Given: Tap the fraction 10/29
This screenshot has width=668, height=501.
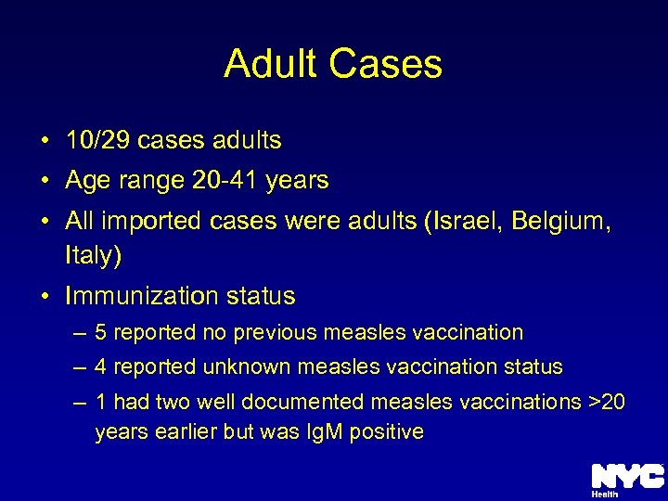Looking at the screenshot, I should click(x=98, y=141).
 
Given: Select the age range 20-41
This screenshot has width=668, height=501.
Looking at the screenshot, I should click(x=226, y=180).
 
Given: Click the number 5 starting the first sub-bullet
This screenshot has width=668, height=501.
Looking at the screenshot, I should click(x=101, y=332).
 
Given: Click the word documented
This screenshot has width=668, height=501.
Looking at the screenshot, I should click(x=308, y=402).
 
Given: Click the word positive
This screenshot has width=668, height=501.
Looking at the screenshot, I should click(x=387, y=432).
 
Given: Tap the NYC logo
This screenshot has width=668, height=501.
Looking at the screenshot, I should click(x=627, y=475).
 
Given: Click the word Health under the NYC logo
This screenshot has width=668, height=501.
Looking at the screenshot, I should click(x=605, y=495).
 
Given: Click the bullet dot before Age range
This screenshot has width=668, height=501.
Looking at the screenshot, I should click(x=45, y=181).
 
